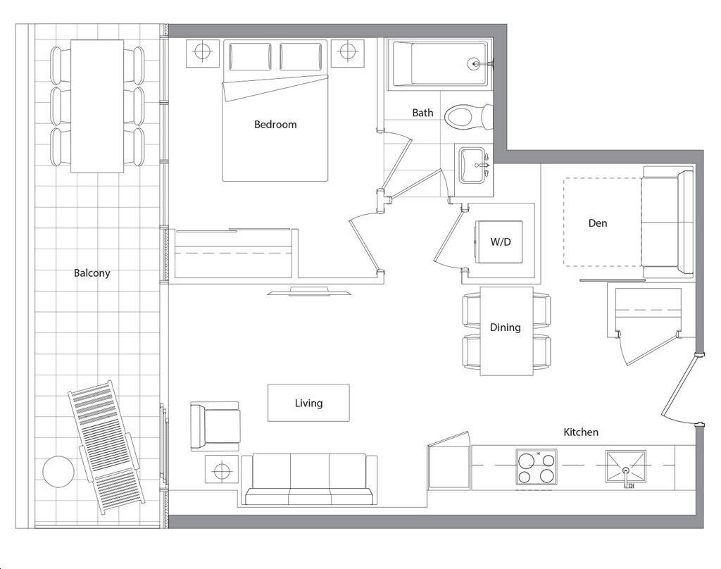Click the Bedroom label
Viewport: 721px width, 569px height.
tap(275, 124)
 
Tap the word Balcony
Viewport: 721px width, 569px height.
tap(92, 273)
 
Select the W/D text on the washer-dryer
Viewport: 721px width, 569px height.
tap(501, 242)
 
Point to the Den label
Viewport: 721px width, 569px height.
tap(597, 223)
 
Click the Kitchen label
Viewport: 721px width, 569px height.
tap(581, 432)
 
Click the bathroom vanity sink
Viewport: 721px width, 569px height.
tap(474, 165)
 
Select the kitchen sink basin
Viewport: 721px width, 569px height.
tap(625, 466)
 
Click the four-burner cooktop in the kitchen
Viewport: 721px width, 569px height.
tap(536, 467)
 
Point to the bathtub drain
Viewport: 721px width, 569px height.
tap(474, 63)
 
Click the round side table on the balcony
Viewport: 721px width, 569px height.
tap(58, 471)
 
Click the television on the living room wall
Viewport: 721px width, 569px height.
tap(310, 291)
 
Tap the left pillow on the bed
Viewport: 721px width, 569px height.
tap(250, 56)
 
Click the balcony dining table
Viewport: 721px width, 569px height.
tap(97, 106)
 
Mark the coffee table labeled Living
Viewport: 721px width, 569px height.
tap(308, 403)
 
